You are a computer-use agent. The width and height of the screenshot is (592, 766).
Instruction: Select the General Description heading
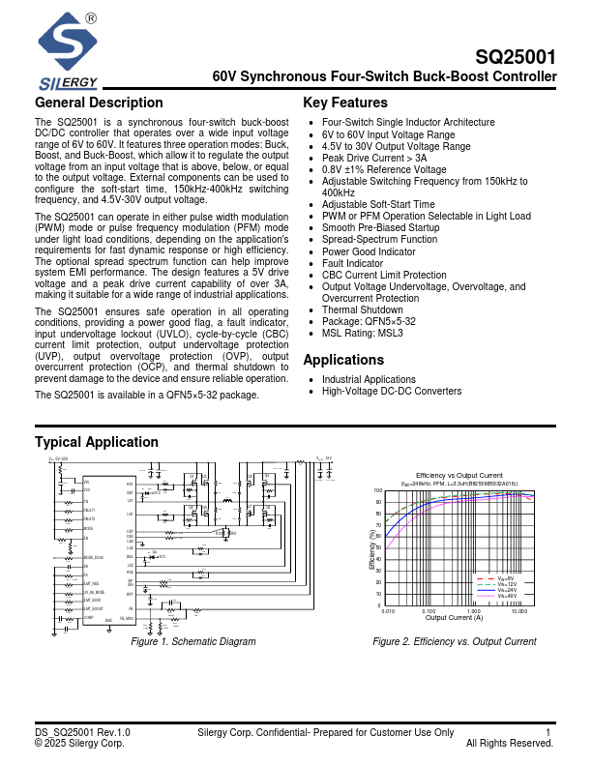(x=99, y=103)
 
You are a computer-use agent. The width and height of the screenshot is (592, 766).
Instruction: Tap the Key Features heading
(x=345, y=103)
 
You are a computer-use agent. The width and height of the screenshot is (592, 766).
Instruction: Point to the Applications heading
(x=343, y=360)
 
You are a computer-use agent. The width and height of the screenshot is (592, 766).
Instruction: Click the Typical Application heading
(x=97, y=442)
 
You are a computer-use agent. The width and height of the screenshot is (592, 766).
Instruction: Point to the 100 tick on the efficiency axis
(x=378, y=490)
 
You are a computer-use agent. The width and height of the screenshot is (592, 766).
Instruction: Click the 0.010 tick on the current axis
(x=388, y=611)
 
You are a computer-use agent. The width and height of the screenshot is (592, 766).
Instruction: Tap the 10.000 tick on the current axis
(x=519, y=611)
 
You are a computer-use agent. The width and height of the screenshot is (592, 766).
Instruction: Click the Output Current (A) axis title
(x=455, y=618)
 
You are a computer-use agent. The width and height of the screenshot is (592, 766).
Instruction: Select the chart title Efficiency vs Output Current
(x=459, y=475)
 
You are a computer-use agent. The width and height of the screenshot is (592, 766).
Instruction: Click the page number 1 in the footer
(x=548, y=732)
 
